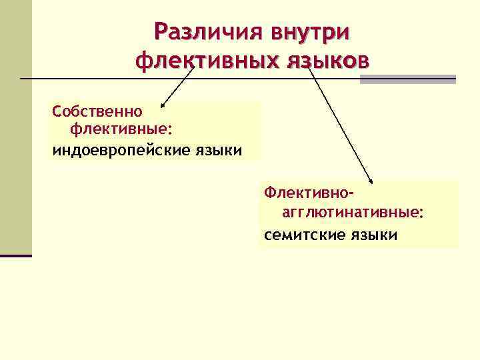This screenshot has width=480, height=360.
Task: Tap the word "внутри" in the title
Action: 309,31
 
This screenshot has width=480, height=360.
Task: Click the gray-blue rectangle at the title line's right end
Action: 407,79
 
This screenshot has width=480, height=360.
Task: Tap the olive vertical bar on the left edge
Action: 15,127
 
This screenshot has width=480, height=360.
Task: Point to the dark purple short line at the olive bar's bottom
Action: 15,255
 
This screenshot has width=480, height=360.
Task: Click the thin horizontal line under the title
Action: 100,79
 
